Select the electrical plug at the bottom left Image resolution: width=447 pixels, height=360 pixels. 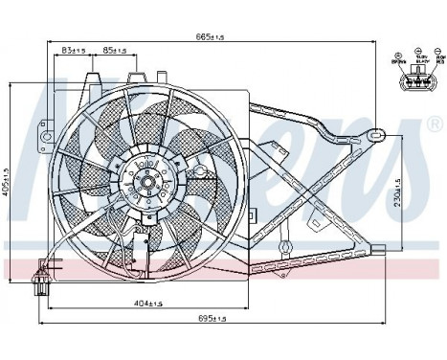tap(43, 278)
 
